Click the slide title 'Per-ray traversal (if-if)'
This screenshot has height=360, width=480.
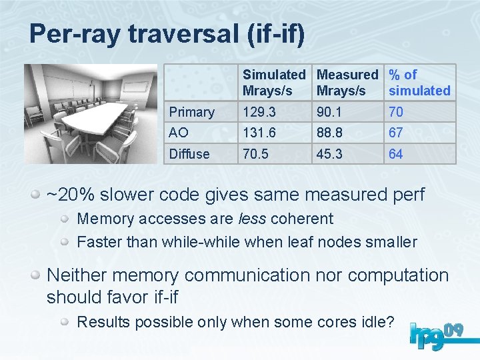click(x=167, y=34)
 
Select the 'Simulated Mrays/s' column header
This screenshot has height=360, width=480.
click(x=273, y=83)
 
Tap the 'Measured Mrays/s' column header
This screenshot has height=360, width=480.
click(x=347, y=83)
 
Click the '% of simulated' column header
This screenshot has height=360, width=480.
click(x=419, y=83)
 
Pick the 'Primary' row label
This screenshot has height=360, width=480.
click(x=192, y=112)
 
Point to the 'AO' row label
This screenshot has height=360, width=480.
click(x=179, y=133)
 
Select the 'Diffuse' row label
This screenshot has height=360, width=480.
click(x=189, y=154)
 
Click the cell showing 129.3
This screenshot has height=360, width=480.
click(x=259, y=112)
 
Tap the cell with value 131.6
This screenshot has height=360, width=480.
click(x=259, y=133)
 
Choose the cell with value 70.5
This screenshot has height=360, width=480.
click(x=257, y=154)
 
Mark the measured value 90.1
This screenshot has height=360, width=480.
click(x=330, y=112)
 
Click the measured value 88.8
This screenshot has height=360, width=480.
click(x=330, y=133)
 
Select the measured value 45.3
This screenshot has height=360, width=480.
click(x=330, y=154)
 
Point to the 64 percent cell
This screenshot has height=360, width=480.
click(x=396, y=154)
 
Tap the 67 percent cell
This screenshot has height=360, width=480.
click(x=396, y=133)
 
